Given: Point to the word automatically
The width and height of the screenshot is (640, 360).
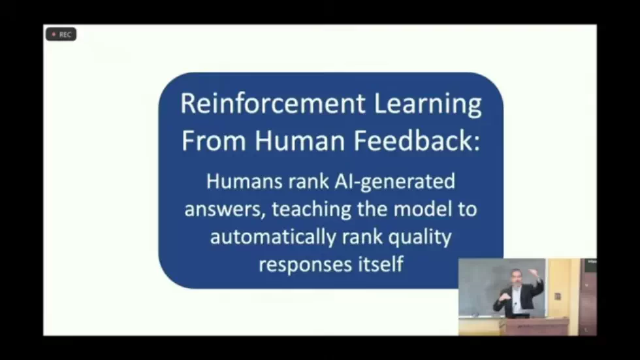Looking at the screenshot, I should [274, 237].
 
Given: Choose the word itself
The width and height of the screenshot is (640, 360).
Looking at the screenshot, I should [379, 265].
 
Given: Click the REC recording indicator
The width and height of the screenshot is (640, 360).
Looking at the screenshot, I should [61, 35].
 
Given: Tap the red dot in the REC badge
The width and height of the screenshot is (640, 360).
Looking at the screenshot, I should [54, 35].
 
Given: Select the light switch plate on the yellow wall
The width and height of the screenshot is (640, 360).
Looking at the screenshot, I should [556, 296].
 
